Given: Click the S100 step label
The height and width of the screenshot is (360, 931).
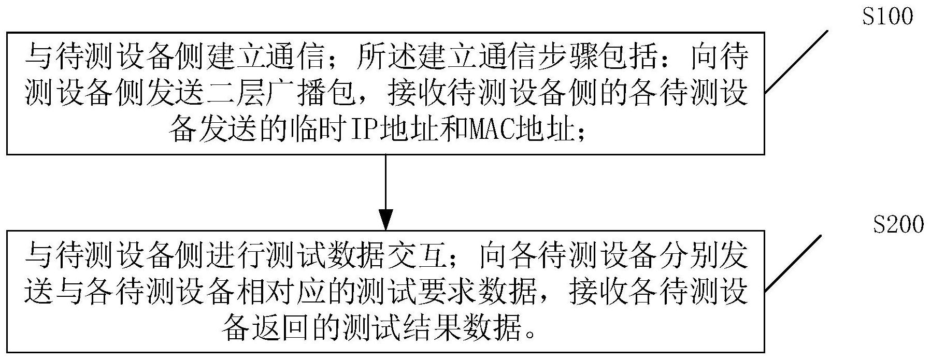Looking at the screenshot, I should pyautogui.click(x=887, y=17).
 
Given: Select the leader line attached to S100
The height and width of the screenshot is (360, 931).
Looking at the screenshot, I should pyautogui.click(x=796, y=62).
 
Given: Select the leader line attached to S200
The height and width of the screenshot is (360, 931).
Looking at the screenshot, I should pyautogui.click(x=793, y=263).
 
